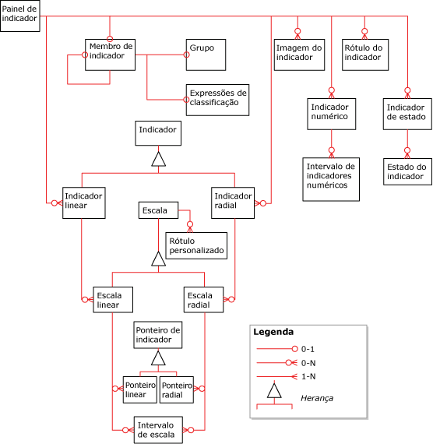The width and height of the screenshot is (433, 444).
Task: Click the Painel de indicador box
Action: [x=19, y=16]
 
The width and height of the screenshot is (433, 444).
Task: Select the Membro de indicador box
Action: [x=110, y=55]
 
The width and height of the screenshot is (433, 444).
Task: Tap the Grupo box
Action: [x=206, y=54]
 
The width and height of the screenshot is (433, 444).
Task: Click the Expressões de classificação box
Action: [x=217, y=98]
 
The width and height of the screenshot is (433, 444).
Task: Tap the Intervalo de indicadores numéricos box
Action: [x=331, y=176]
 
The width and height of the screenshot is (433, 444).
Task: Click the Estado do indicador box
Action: [x=407, y=172]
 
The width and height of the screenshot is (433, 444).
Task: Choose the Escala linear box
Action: [x=111, y=300]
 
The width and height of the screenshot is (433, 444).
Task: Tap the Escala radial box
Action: [x=203, y=300]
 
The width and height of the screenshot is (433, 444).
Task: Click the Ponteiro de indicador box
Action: [x=158, y=336]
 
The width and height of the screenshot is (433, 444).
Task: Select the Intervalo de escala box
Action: [x=158, y=429]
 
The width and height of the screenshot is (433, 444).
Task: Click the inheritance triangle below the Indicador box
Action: [x=158, y=160]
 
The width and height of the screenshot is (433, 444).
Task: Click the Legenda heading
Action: [x=273, y=332]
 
